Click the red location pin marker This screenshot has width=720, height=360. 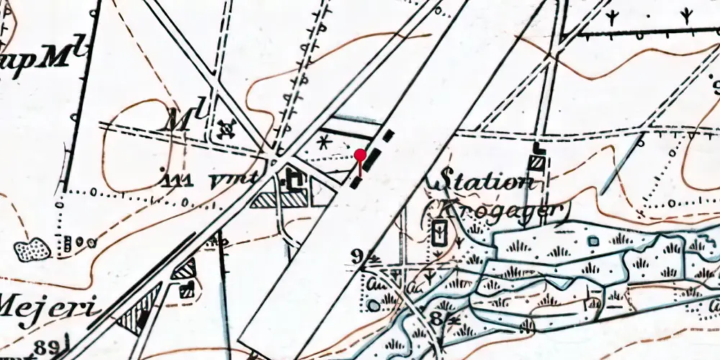tap(360, 154)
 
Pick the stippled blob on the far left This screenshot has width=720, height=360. tap(32, 250)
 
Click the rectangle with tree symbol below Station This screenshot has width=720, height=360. tap(438, 233)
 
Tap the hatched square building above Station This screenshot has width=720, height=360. tap(537, 163)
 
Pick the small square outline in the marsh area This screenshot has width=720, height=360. tap(594, 240)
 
